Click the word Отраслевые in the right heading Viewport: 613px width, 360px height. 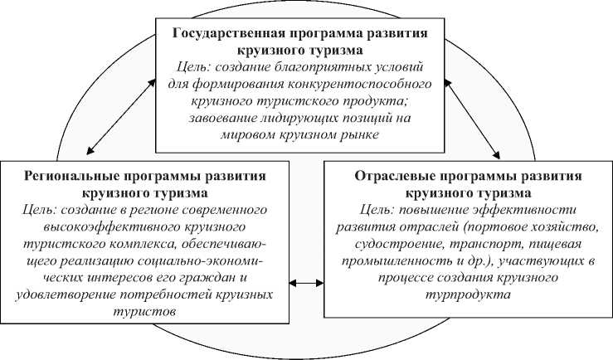pos(392,177)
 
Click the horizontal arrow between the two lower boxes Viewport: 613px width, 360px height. pos(307,284)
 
